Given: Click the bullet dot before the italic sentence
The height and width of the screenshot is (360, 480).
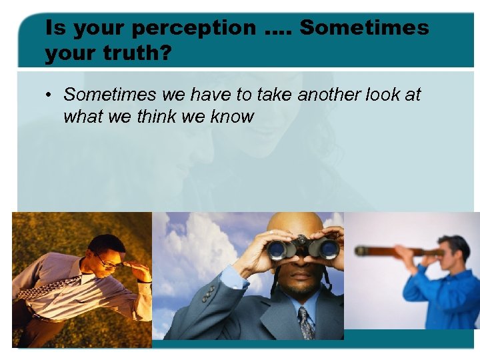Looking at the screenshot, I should (x=50, y=95).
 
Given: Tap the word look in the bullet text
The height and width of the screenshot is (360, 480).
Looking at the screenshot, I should (x=385, y=95).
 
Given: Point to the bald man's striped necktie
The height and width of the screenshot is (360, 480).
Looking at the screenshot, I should (x=307, y=323).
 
